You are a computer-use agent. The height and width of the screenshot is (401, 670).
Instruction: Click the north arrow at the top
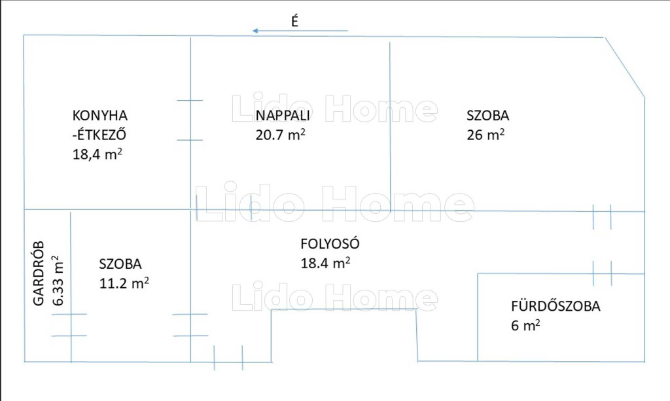pyautogui.click(x=300, y=31)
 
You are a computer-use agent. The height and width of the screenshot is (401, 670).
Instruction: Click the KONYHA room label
pyautogui.click(x=100, y=116)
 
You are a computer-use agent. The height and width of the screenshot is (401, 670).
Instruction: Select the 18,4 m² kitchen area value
pyautogui.click(x=97, y=154)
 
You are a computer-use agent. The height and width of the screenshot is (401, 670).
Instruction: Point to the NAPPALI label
pyautogui.click(x=283, y=115)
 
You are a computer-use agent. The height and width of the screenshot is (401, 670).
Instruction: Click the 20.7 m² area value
pyautogui.click(x=280, y=135)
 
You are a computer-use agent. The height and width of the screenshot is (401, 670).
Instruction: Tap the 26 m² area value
pyautogui.click(x=485, y=135)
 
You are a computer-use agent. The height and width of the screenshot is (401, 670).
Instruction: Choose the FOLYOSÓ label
pyautogui.click(x=330, y=243)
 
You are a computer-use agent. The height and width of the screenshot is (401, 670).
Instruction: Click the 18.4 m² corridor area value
pyautogui.click(x=326, y=262)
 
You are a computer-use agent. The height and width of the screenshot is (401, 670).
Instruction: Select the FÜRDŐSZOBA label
pyautogui.click(x=555, y=305)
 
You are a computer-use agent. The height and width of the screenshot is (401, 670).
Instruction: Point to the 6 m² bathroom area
pyautogui.click(x=525, y=325)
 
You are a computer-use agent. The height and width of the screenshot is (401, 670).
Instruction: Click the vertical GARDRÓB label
pyautogui.click(x=39, y=273)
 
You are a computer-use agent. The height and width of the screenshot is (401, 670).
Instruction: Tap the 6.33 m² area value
pyautogui.click(x=58, y=281)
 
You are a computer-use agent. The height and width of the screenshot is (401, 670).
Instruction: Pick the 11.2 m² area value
pyautogui.click(x=124, y=283)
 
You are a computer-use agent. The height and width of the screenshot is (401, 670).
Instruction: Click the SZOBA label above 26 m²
pyautogui.click(x=487, y=115)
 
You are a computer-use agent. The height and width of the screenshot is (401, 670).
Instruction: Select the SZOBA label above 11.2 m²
pyautogui.click(x=120, y=264)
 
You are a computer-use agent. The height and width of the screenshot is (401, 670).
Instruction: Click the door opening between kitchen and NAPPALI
pyautogui.click(x=190, y=120)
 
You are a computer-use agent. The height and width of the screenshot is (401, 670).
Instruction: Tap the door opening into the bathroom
pyautogui.click(x=602, y=273)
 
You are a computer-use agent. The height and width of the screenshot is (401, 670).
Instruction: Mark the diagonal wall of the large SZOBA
pyautogui.click(x=624, y=67)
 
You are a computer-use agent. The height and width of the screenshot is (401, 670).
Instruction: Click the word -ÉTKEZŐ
pyautogui.click(x=99, y=135)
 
